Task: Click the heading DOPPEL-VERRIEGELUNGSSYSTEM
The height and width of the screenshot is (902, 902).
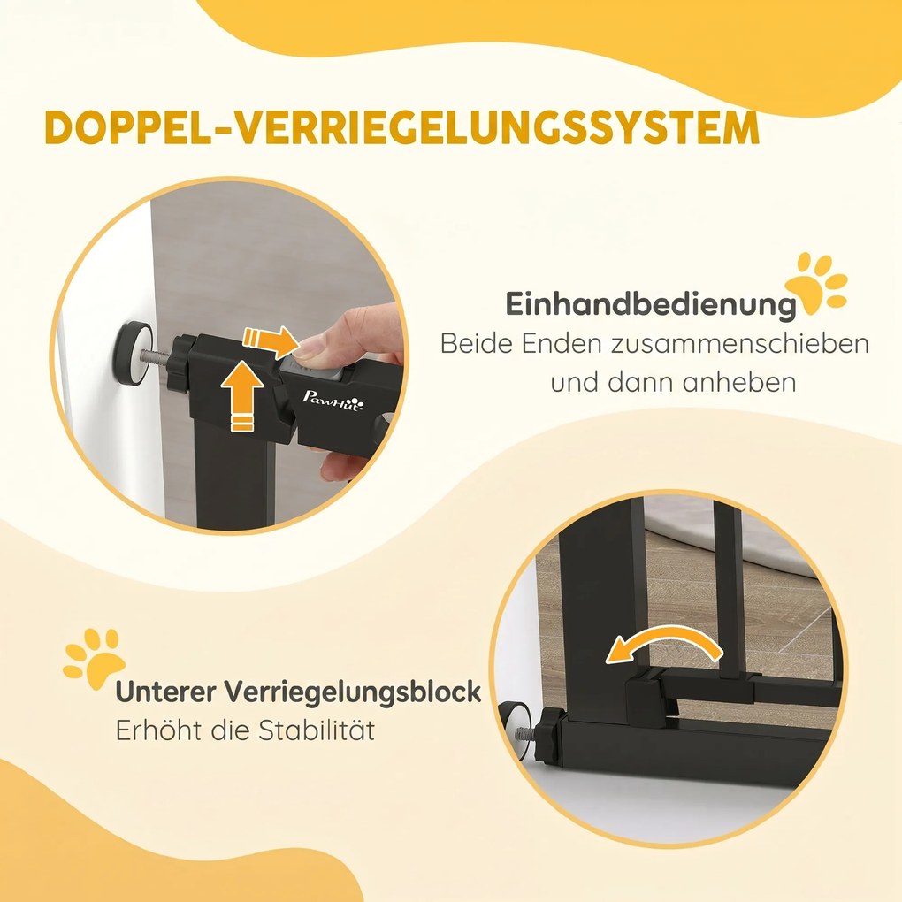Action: click(x=402, y=127)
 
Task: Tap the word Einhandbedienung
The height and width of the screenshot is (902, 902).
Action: click(x=651, y=304)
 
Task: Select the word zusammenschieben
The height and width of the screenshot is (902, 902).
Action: click(x=739, y=344)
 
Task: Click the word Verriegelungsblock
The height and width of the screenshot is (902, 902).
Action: click(x=352, y=692)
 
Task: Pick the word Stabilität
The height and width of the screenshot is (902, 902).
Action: click(x=316, y=730)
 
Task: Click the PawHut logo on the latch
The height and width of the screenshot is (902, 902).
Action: click(x=333, y=399)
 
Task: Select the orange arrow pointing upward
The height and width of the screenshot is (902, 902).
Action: click(x=242, y=395)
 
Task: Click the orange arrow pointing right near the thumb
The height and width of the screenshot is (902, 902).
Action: click(x=271, y=340)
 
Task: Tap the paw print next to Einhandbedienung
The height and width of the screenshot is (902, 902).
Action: click(x=816, y=282)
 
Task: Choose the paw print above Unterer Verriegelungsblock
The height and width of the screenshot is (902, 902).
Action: click(x=94, y=658)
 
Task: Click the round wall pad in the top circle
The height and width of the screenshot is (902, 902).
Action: click(x=134, y=354)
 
